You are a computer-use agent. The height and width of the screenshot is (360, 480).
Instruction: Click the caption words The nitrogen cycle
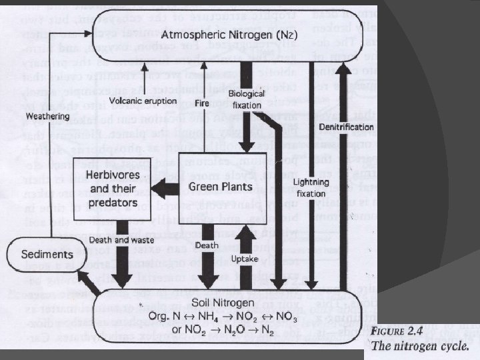point(420,346)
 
